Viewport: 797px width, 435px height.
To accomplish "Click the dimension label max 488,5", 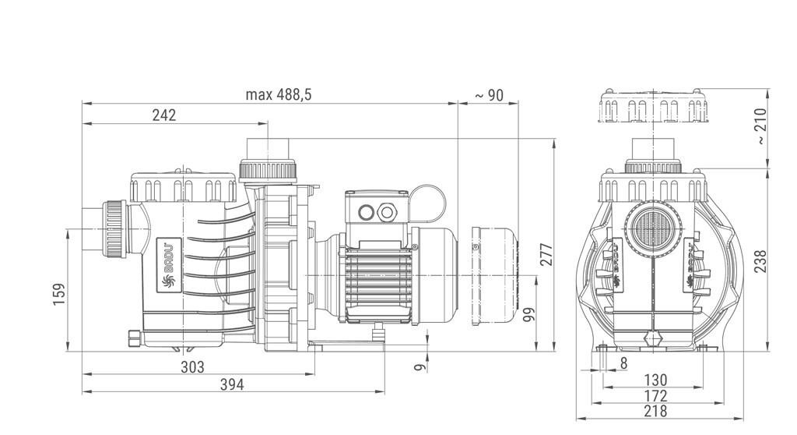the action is [278, 95].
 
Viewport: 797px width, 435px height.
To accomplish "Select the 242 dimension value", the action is [164, 115].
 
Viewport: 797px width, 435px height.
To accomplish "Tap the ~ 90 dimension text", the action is [489, 95].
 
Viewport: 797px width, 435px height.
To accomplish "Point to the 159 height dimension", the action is [59, 295].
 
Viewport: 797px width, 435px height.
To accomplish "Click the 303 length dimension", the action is [193, 366].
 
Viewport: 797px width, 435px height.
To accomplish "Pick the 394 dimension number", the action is [232, 384].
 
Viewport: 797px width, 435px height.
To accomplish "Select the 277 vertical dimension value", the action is [546, 254].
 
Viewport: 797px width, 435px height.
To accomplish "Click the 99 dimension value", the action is [528, 315].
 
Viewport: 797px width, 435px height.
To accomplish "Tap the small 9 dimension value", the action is [420, 366].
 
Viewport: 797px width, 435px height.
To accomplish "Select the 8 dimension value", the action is [623, 363].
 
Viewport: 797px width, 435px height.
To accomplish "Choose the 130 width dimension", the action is [655, 380].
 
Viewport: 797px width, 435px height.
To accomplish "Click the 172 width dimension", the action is [655, 396].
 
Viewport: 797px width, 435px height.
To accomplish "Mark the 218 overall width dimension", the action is [655, 411].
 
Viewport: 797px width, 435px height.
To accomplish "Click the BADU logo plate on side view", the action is [169, 265].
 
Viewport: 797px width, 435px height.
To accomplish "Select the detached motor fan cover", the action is [494, 275].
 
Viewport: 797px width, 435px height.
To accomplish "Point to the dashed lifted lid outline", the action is [653, 106].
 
